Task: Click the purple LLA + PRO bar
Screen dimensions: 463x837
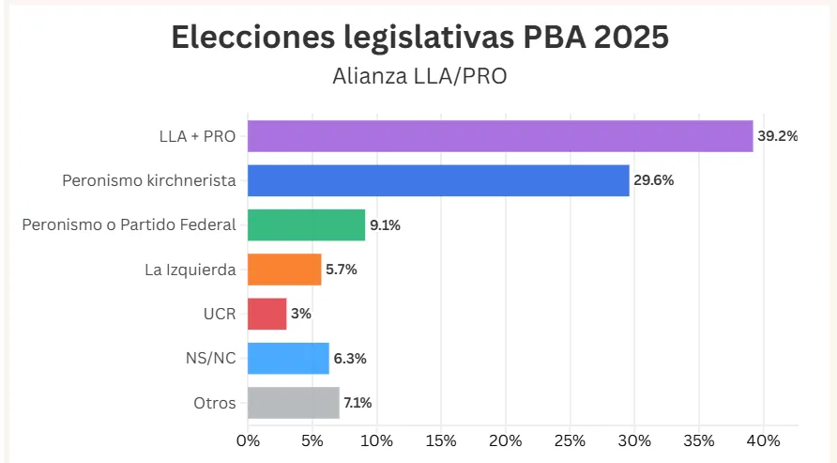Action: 500,136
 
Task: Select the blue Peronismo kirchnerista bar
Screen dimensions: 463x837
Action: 438,180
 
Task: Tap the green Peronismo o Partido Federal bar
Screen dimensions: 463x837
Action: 306,224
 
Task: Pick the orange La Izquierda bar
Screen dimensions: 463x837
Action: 284,270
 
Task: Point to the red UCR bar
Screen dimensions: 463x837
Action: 267,314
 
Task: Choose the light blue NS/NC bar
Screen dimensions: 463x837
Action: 288,358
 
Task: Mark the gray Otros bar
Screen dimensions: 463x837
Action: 293,403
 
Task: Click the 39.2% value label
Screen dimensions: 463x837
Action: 778,136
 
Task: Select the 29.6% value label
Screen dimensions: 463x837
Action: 654,180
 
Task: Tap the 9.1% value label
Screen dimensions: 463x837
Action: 385,224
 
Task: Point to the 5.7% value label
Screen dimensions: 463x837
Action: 342,270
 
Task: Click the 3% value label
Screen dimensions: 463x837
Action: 301,314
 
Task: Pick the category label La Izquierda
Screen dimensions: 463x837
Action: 190,270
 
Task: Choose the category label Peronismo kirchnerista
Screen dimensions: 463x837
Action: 148,180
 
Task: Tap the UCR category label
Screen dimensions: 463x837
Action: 220,314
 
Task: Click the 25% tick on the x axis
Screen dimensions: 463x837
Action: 570,440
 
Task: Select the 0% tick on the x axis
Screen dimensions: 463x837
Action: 248,440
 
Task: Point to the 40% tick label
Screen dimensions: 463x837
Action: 763,440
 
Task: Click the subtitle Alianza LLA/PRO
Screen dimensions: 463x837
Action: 419,76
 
